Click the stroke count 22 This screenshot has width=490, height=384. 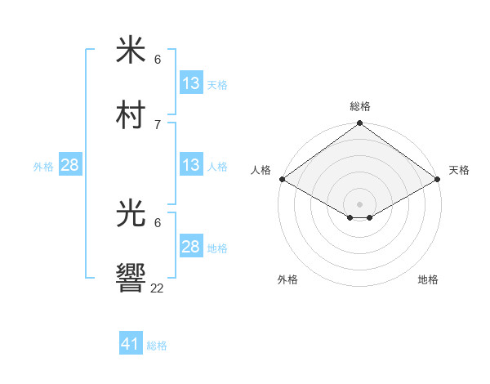158,288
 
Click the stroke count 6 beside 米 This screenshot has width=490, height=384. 158,60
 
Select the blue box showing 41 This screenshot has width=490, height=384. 131,344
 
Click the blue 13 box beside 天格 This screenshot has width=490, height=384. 191,83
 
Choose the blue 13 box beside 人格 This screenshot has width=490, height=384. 191,165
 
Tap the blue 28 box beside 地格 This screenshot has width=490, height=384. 191,247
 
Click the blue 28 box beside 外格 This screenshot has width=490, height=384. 70,165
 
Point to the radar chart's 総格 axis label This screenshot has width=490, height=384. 360,106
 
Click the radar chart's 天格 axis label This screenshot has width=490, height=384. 459,170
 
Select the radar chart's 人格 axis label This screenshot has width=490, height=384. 261,170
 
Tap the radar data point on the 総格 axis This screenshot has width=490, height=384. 360,124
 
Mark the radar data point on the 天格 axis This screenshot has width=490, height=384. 439,179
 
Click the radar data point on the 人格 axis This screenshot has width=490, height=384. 281,179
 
